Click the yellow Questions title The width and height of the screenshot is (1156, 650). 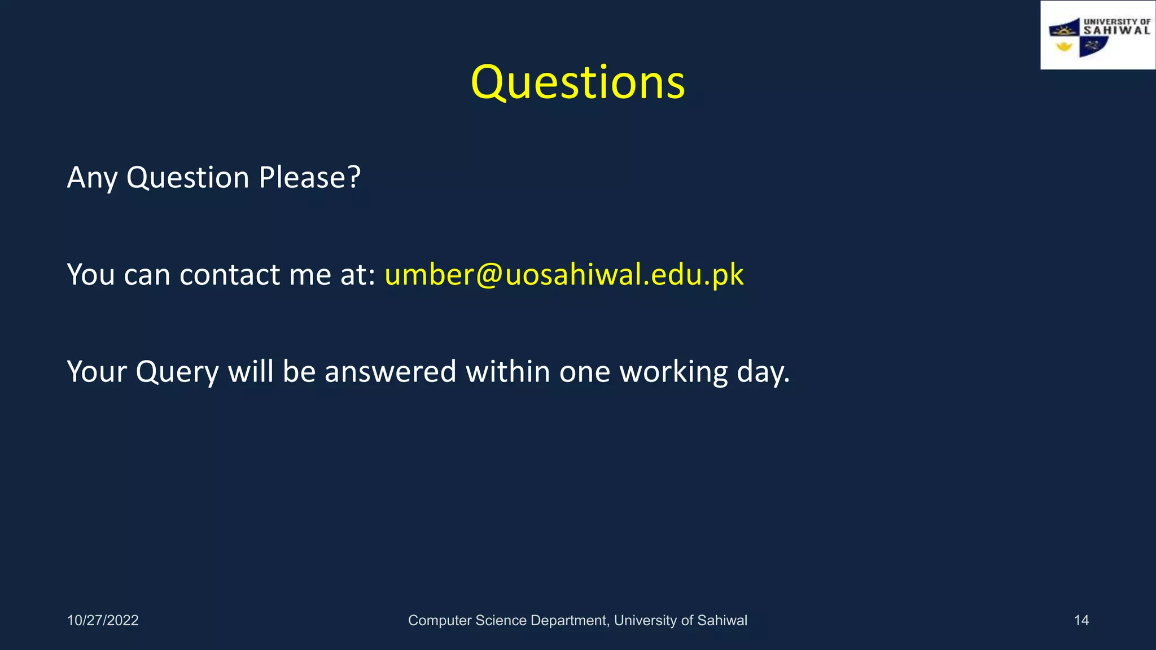pos(577,82)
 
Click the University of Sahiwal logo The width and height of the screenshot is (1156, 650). pos(1097,36)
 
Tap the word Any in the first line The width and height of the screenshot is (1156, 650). pos(92,178)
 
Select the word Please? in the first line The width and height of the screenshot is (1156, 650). pos(309,178)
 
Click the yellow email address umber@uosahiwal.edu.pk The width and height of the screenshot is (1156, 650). pos(564,275)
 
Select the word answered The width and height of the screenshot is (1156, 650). pos(390,372)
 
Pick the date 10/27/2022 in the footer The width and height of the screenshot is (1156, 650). pos(103,620)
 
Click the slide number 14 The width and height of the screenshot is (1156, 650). pos(1081,620)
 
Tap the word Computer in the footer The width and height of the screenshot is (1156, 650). pos(440,620)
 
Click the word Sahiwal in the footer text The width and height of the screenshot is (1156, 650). pos(722,620)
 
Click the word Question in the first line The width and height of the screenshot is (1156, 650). pos(187,178)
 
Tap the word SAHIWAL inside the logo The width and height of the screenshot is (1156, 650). pos(1116,30)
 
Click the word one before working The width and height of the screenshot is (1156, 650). pos(585,372)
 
